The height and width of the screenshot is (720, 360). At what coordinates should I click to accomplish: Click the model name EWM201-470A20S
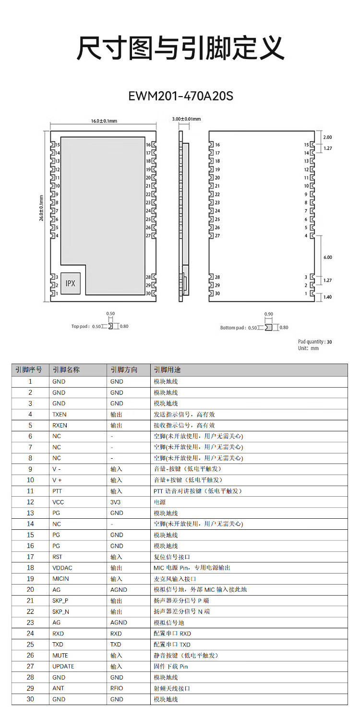click(x=180, y=96)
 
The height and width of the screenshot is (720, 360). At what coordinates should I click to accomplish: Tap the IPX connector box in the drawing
click(x=71, y=283)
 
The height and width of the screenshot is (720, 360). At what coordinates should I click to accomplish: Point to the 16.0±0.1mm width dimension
click(x=104, y=121)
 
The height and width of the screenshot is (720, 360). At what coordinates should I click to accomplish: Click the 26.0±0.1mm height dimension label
click(x=42, y=207)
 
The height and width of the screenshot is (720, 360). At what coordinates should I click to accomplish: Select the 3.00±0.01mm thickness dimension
click(x=186, y=119)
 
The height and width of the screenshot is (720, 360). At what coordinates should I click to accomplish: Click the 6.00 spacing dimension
click(x=328, y=257)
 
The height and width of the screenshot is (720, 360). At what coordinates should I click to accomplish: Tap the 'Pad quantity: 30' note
click(x=314, y=342)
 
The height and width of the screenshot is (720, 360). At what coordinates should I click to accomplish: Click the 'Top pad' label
click(x=80, y=327)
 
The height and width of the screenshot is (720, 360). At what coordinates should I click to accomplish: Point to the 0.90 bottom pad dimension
click(x=269, y=314)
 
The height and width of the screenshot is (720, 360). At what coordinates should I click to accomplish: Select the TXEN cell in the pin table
click(x=60, y=414)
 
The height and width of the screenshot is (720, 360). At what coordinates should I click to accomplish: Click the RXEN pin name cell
click(x=60, y=425)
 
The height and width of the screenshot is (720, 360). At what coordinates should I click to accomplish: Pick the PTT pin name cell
click(x=57, y=491)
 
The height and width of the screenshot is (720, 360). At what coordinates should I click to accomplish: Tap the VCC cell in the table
click(x=58, y=502)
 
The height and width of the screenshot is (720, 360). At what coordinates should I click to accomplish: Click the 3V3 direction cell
click(x=116, y=502)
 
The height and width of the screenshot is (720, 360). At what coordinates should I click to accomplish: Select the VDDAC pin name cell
click(x=62, y=568)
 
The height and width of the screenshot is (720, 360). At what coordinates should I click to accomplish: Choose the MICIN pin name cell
click(x=60, y=579)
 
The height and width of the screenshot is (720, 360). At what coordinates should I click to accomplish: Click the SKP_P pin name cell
click(x=60, y=601)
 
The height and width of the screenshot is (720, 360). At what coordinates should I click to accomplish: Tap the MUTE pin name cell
click(x=60, y=655)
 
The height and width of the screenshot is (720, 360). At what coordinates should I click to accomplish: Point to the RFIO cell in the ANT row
click(x=117, y=688)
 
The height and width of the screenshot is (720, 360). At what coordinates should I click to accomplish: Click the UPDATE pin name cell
click(x=63, y=666)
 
